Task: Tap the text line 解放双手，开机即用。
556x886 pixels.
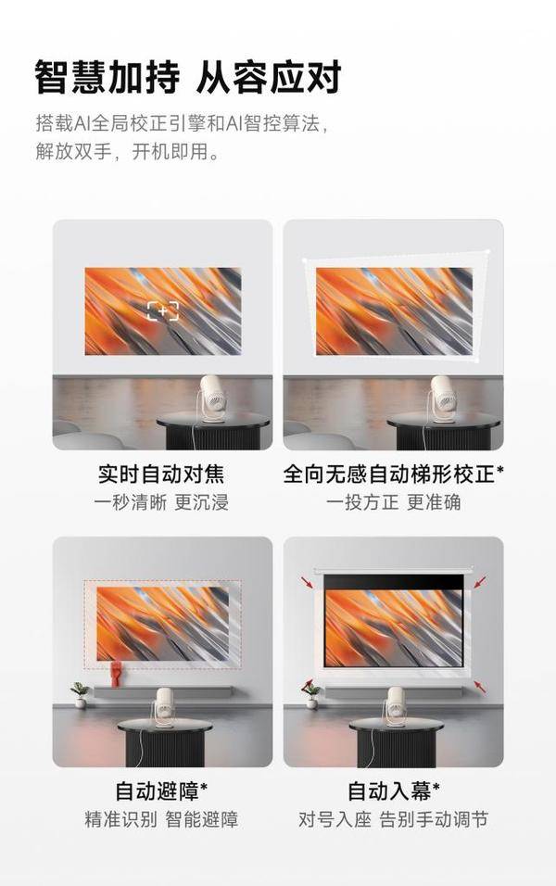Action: click(x=128, y=151)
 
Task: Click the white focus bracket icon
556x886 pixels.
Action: click(x=163, y=310)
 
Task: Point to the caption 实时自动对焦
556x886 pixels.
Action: click(x=161, y=474)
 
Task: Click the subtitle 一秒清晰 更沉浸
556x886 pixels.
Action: click(x=161, y=502)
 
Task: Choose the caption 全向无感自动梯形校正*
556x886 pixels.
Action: click(x=393, y=474)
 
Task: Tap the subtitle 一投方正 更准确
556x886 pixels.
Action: click(x=393, y=502)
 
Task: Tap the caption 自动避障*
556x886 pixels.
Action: click(x=161, y=791)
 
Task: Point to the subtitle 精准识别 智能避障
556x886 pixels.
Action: click(x=161, y=819)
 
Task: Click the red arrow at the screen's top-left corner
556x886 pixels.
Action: click(x=308, y=582)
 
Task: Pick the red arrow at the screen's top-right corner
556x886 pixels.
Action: click(x=480, y=582)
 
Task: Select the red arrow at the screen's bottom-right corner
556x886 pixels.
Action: click(x=480, y=687)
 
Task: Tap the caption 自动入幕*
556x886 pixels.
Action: click(x=393, y=791)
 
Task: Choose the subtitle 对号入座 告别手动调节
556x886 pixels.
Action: click(x=393, y=819)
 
